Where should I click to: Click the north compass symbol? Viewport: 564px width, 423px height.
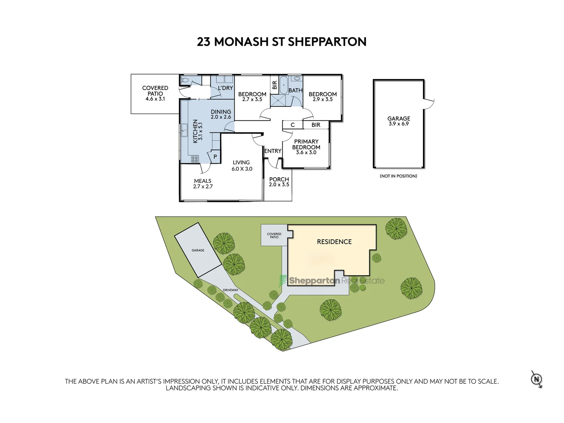point(537,379)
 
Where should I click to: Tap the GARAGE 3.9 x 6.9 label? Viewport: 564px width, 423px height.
point(398,121)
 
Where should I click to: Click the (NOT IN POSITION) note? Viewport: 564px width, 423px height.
point(398,176)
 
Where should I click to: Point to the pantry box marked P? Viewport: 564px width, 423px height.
point(215,157)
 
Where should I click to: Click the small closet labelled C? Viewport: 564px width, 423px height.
point(293,125)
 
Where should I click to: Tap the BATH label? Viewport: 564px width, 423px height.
point(295,90)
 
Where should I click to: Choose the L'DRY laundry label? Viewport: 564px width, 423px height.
point(225,88)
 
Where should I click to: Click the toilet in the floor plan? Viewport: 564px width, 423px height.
point(185,80)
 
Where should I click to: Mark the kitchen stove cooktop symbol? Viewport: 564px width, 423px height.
point(195,159)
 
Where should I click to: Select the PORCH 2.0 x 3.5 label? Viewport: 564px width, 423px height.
point(279,182)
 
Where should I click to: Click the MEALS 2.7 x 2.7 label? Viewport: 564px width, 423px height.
point(203,184)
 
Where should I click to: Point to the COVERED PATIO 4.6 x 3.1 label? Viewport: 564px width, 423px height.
point(155,94)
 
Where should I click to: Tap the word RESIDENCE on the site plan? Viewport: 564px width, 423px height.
point(334,242)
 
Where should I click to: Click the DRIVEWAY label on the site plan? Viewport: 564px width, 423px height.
point(230,290)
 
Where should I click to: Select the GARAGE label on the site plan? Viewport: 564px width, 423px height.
point(198,250)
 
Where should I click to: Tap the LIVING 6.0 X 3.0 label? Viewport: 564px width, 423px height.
point(241,166)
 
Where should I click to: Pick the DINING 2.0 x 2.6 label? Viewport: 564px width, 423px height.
point(221,114)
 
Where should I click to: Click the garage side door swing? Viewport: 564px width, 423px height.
point(429,103)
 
